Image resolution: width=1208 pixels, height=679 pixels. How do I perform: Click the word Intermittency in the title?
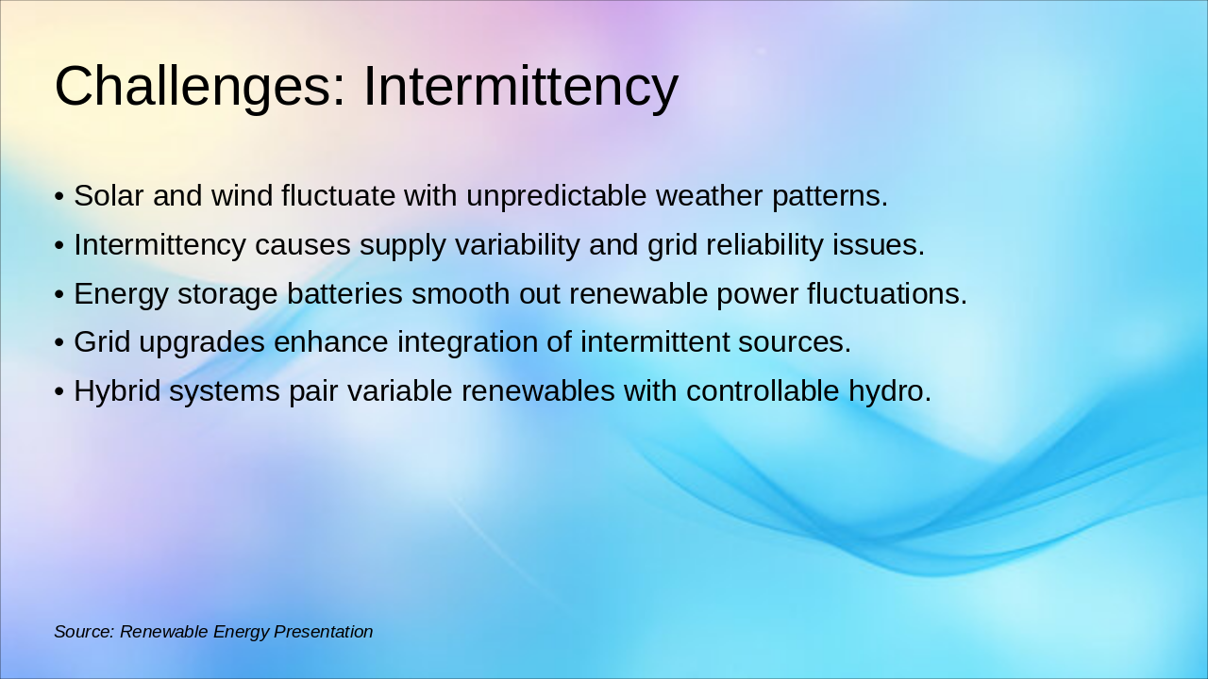tap(520, 87)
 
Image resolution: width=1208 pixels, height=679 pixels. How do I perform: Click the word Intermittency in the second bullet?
tap(159, 245)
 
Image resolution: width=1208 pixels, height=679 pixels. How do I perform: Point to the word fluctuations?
tap(886, 294)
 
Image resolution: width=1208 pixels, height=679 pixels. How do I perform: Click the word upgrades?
tap(201, 342)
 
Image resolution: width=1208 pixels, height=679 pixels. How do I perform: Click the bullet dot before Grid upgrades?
tap(59, 343)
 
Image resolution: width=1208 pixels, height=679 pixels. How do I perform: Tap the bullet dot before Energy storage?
tap(59, 295)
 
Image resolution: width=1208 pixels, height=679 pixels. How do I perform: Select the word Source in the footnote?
tap(83, 632)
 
